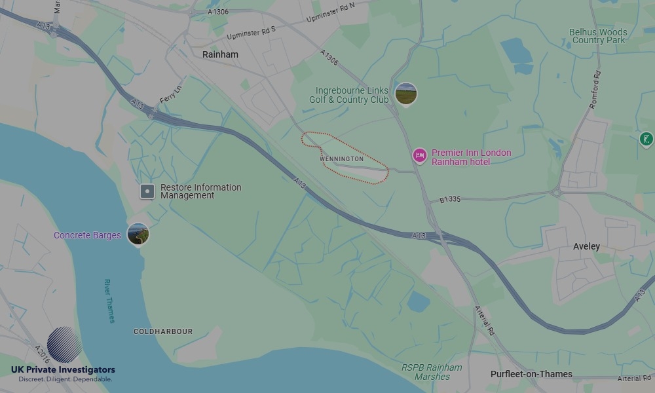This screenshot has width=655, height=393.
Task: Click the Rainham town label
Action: point(220,54)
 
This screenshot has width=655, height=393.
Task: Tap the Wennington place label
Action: point(341,159)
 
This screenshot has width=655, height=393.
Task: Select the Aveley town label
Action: point(586,246)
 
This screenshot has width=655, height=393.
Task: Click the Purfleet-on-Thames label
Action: point(531,374)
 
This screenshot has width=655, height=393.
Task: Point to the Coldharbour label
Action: point(163,332)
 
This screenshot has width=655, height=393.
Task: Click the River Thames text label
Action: point(109,301)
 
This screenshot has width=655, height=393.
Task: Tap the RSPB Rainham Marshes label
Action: point(432,372)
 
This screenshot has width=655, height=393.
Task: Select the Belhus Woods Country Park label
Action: point(598,36)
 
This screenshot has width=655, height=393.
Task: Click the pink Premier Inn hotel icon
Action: point(419,155)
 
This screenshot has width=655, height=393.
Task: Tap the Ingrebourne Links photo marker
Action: point(406,94)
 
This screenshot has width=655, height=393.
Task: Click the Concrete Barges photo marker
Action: point(138,234)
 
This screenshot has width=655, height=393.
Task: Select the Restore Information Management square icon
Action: point(147,191)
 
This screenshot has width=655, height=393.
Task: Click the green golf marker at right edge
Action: point(646,139)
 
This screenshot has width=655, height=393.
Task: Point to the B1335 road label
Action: point(451,198)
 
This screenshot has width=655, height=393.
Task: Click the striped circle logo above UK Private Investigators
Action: point(64,345)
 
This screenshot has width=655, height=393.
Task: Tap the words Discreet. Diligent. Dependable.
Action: point(65,379)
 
